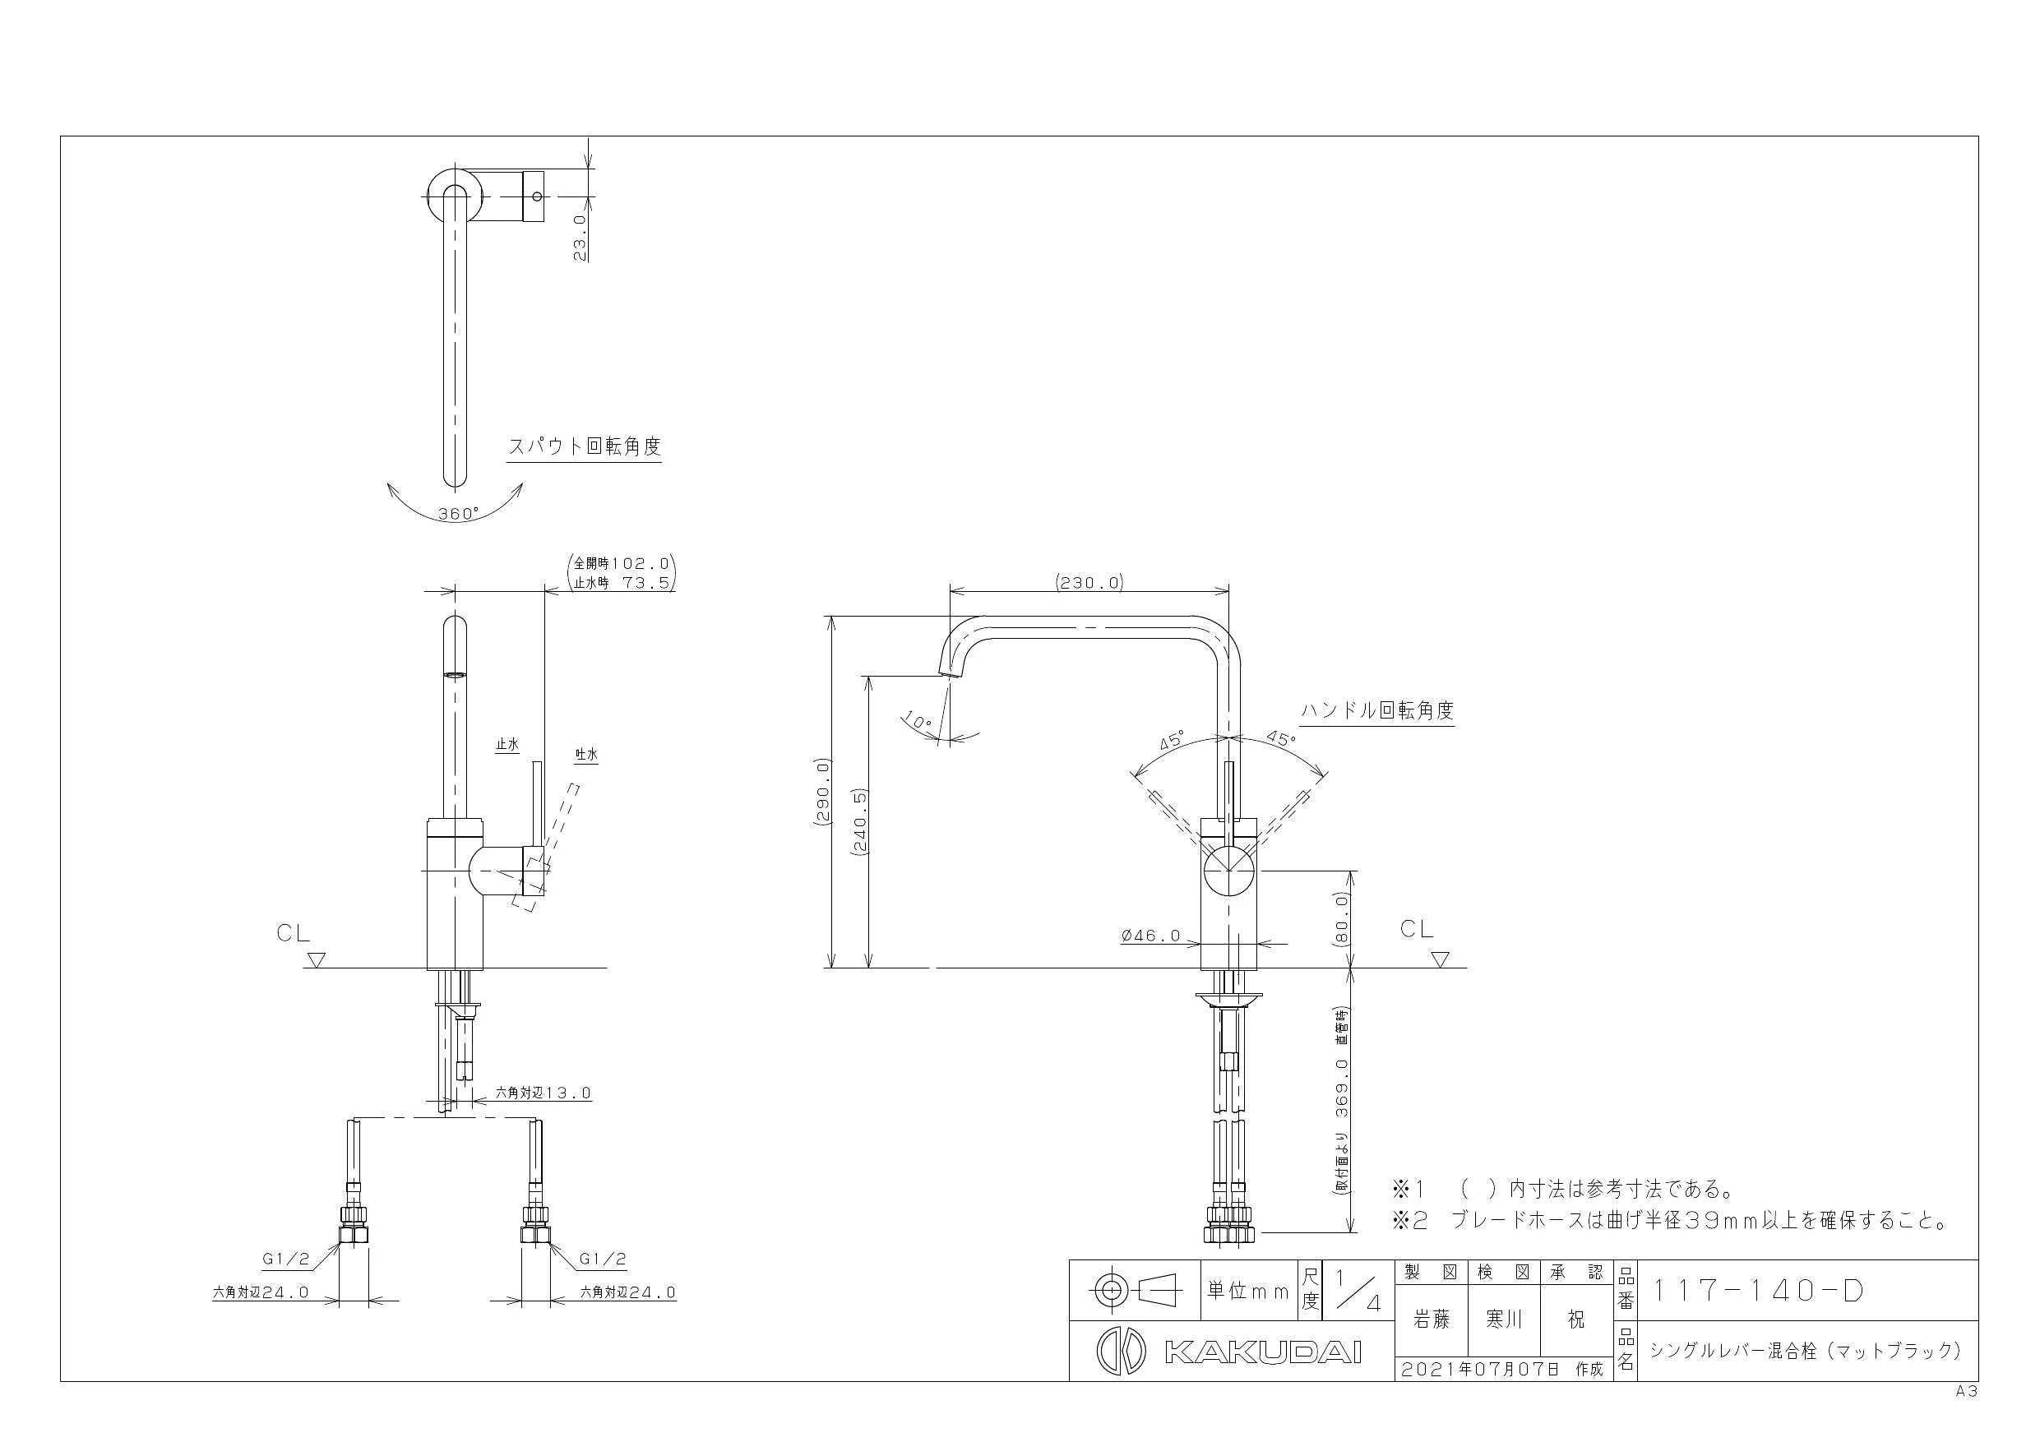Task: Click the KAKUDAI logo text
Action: [x=1262, y=1352]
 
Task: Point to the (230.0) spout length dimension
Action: [x=1089, y=583]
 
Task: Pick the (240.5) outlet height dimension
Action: [x=859, y=821]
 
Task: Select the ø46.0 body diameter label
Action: [x=1151, y=936]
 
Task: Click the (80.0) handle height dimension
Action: [x=1343, y=918]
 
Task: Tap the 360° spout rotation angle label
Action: [x=457, y=514]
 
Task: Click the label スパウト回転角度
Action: [x=585, y=446]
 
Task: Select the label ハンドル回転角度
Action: [x=1377, y=711]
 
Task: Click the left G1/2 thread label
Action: [x=285, y=1259]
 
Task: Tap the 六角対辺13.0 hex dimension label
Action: [x=543, y=1093]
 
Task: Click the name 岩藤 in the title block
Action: [x=1432, y=1320]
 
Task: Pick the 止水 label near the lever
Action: [x=507, y=745]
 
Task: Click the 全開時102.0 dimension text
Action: [x=621, y=563]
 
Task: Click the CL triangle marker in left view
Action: [x=317, y=959]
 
